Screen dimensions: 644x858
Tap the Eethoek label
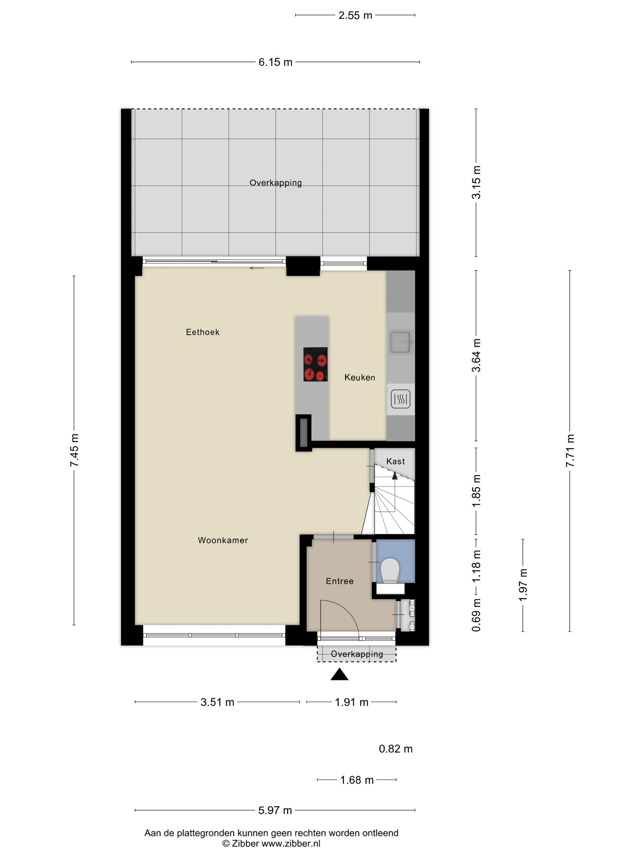[x=203, y=332]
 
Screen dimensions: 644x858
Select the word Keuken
[x=360, y=378]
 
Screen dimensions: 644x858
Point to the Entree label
[x=340, y=581]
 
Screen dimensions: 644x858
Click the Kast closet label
[x=396, y=461]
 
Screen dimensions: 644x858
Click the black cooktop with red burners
[x=315, y=364]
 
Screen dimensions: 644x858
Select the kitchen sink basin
[x=400, y=342]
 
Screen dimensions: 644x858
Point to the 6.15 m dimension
[x=275, y=62]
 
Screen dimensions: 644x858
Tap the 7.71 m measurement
[x=570, y=451]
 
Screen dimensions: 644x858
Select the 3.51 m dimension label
[x=217, y=702]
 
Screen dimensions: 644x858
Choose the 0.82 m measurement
[x=396, y=749]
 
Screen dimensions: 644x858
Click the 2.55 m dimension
[x=355, y=16]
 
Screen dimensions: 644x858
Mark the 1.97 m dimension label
[x=523, y=585]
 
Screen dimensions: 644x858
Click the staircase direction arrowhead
[x=395, y=476]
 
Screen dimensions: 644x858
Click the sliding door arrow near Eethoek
[x=257, y=268]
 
